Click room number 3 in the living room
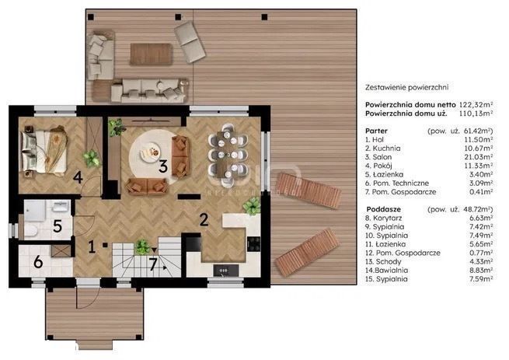pyautogui.click(x=163, y=166)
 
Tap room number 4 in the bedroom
pyautogui.click(x=78, y=177)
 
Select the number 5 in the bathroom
pyautogui.click(x=58, y=225)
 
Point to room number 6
pyautogui.click(x=38, y=261)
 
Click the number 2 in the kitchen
pyautogui.click(x=204, y=219)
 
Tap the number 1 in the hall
pyautogui.click(x=92, y=247)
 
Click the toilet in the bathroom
pyautogui.click(x=30, y=231)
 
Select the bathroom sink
pyautogui.click(x=61, y=206)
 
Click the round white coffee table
pyautogui.click(x=150, y=152)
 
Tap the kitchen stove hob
pyautogui.click(x=253, y=244)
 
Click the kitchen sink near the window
pyautogui.click(x=225, y=271)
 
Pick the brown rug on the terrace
pyautogui.click(x=151, y=54)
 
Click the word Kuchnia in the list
pyautogui.click(x=386, y=149)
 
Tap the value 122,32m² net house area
pyautogui.click(x=476, y=105)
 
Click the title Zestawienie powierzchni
pyautogui.click(x=406, y=87)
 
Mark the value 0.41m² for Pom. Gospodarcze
pyautogui.click(x=481, y=192)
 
